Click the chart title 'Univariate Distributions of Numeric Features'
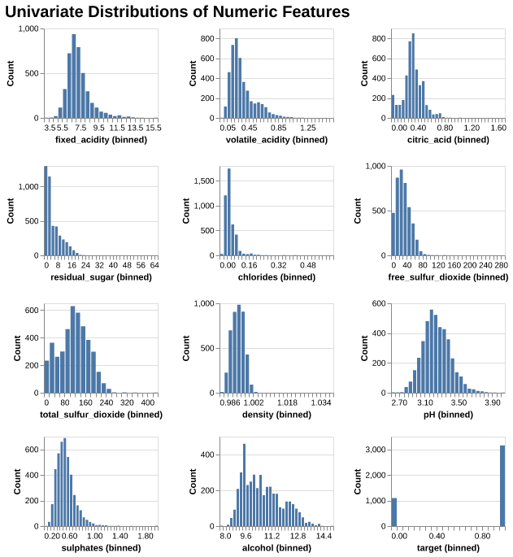177,12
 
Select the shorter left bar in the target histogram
394,512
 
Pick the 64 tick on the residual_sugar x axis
154,266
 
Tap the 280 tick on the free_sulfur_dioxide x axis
501,266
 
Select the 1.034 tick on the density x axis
320,403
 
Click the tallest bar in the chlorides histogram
229,211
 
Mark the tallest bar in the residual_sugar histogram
46,211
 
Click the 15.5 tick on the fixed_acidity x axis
153,128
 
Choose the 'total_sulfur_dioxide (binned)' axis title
101,415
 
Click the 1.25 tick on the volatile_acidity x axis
308,128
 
